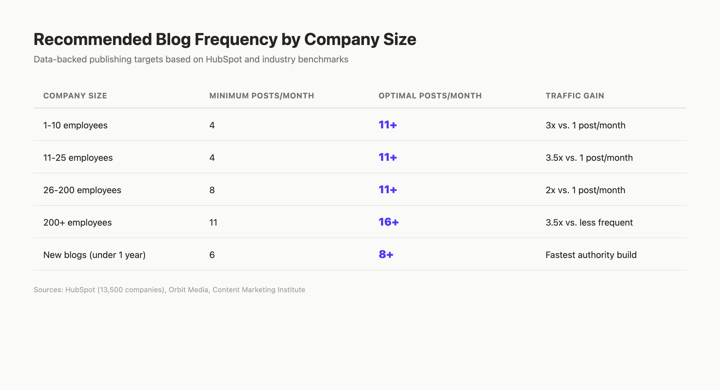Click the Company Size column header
tap(75, 96)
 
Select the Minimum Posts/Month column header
tap(262, 96)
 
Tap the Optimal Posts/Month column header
tap(430, 96)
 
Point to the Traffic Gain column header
tap(575, 96)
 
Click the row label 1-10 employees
tap(75, 125)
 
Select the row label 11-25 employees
tap(78, 157)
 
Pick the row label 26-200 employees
tap(82, 190)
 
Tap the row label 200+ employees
tap(77, 222)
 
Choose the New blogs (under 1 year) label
tap(94, 255)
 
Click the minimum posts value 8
tap(212, 190)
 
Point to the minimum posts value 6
tap(212, 255)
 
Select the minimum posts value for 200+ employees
tap(213, 222)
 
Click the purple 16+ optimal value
tap(388, 222)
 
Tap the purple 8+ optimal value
tap(386, 254)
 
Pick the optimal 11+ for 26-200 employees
tap(388, 190)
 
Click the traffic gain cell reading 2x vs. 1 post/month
tap(585, 190)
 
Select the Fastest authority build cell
tap(591, 255)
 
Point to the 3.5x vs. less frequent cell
tap(589, 222)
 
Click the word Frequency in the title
tap(236, 39)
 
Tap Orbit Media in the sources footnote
tap(188, 289)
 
